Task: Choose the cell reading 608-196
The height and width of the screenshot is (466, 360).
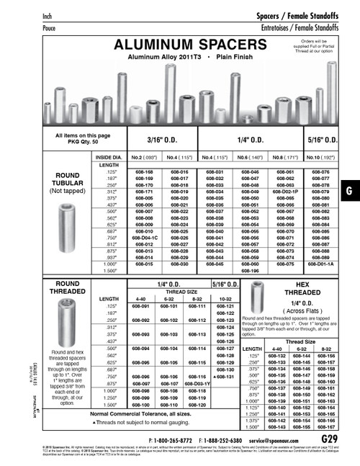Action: point(248,271)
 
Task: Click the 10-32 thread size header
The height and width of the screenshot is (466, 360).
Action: point(225,298)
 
